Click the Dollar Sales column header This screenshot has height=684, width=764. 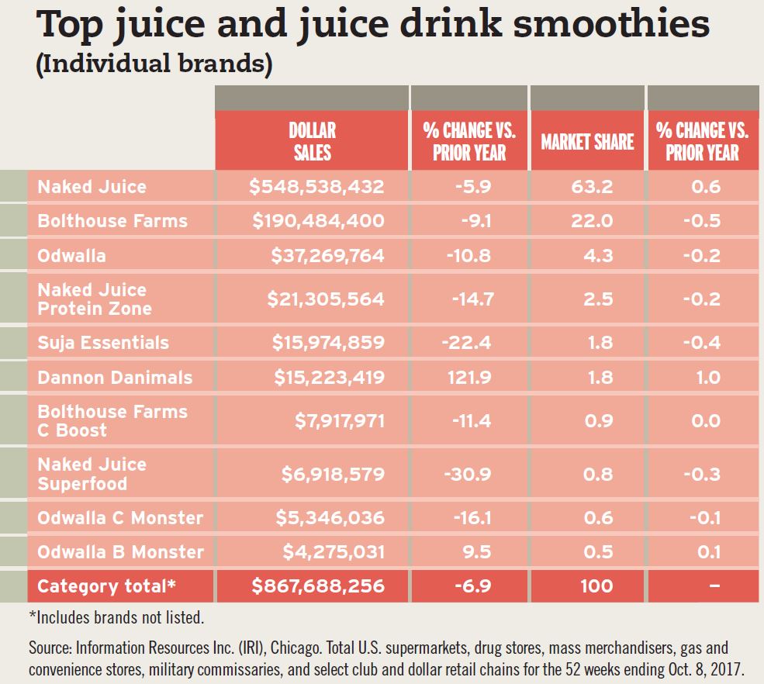312,140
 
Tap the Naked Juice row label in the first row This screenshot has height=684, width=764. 92,187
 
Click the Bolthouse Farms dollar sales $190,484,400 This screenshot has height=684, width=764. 318,221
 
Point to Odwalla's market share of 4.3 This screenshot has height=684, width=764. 597,255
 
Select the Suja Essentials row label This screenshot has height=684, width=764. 103,343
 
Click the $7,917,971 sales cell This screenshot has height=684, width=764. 340,421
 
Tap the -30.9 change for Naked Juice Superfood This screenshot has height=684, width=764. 471,474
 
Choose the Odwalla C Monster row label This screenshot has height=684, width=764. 120,517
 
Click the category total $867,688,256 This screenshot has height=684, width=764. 318,586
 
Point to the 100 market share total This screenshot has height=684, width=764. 596,586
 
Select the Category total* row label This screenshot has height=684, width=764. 107,586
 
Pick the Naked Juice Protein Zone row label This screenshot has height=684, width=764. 95,299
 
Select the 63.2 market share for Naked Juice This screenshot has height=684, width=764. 597,187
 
